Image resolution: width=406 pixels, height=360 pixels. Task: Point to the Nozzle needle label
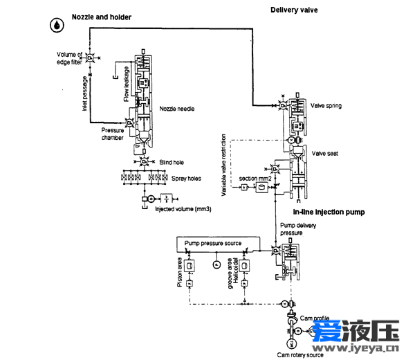pos(177,109)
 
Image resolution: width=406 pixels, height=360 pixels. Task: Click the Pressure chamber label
pos(112,134)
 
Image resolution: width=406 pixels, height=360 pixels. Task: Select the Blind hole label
pos(171,162)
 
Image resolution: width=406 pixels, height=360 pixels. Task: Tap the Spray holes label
pos(186,179)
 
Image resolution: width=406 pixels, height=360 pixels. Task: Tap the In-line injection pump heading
pos(329,212)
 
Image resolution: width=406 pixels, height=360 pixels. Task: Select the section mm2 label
pos(253,179)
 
